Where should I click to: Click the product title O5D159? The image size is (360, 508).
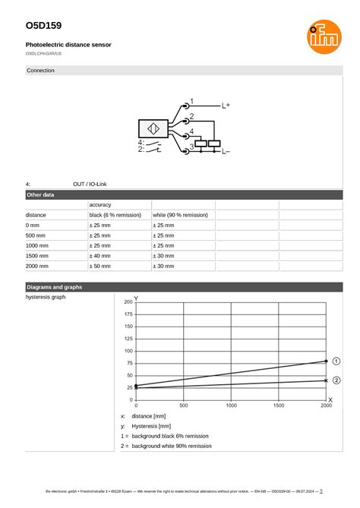coord(43,26)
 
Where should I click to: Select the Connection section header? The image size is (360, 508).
coord(40,71)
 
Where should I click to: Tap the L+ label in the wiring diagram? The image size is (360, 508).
coord(226,106)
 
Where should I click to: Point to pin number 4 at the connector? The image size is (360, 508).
coord(191,131)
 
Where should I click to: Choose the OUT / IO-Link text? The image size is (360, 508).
coord(90,184)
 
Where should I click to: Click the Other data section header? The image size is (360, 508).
coord(40,195)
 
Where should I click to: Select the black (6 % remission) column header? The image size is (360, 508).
coord(115,215)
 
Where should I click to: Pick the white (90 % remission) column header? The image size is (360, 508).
coord(180,215)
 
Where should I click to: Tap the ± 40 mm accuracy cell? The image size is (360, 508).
coord(99,257)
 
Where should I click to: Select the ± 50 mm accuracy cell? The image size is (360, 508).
coord(99,267)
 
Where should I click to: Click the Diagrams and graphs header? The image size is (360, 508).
coord(54,287)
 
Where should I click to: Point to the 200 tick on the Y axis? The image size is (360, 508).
coord(128,302)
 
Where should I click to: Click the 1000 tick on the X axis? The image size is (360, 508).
coord(231,406)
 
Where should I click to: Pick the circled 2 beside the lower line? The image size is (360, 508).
coord(336,380)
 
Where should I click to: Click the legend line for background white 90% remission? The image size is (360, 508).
coord(171,446)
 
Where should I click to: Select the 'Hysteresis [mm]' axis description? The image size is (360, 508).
coord(151,426)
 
